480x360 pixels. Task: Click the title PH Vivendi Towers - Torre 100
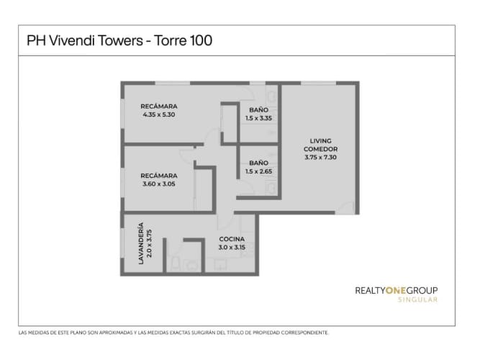point(119,40)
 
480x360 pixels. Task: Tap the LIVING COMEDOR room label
point(320,145)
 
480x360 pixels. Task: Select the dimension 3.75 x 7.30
point(320,157)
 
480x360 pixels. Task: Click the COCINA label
point(232,239)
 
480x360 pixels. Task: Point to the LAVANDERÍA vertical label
point(141,243)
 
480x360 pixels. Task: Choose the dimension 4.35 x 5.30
point(159,114)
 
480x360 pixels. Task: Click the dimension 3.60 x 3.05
point(159,184)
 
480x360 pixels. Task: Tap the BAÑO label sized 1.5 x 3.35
point(258,109)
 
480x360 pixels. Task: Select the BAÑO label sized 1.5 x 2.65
point(258,163)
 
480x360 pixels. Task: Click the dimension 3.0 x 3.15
point(232,247)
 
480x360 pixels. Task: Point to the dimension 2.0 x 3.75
point(149,243)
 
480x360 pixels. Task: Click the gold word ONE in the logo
point(396,290)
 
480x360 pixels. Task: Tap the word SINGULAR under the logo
point(417,300)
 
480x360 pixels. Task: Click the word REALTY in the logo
point(370,290)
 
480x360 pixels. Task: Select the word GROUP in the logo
point(422,290)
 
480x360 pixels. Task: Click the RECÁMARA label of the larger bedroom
point(159,107)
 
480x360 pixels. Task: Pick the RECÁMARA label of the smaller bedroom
point(159,176)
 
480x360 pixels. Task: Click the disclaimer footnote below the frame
point(173,333)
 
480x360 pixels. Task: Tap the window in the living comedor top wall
point(318,83)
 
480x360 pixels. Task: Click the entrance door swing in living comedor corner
point(345,207)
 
